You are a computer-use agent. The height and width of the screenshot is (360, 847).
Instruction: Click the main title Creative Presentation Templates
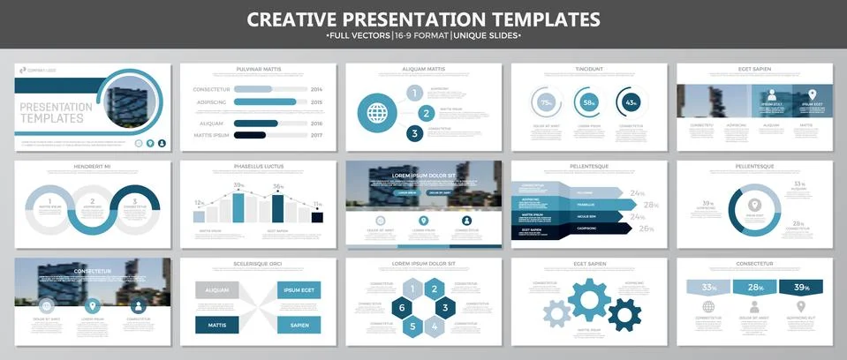click(423, 19)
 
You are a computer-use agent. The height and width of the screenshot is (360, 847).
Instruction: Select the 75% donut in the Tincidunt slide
click(546, 102)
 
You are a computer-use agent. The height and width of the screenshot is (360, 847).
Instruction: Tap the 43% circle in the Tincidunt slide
click(631, 102)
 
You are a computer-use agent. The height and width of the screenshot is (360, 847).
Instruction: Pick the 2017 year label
click(317, 134)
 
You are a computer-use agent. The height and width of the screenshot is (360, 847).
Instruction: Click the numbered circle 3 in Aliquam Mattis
click(414, 133)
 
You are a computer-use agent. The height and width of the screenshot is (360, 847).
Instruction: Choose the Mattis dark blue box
click(217, 325)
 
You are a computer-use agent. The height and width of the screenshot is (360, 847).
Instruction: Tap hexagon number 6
click(401, 308)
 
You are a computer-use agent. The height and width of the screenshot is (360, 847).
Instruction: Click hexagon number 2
click(434, 289)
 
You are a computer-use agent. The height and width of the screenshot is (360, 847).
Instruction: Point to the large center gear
click(589, 300)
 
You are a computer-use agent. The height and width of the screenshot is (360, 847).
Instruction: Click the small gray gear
click(556, 312)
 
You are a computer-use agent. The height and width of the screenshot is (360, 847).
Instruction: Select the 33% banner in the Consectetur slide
click(708, 288)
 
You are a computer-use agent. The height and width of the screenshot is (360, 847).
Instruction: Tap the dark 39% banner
click(801, 288)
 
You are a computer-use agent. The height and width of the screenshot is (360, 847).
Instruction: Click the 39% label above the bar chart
click(238, 186)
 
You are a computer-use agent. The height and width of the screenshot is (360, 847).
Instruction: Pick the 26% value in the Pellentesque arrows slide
click(647, 229)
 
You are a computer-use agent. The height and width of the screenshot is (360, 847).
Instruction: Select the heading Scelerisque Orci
click(258, 263)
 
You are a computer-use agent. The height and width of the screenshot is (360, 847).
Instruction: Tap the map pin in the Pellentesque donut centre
click(753, 205)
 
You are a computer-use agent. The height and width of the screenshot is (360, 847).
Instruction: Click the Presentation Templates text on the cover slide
click(55, 112)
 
